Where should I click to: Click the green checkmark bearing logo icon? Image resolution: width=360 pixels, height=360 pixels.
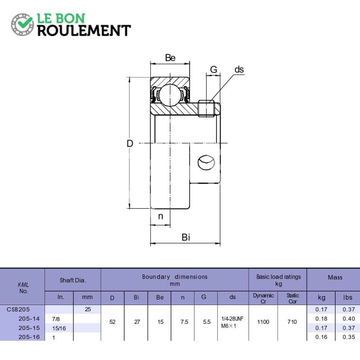(x=22, y=25)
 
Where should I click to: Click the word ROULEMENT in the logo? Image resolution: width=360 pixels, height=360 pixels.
(x=84, y=31)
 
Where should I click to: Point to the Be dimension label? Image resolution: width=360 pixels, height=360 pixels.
(x=170, y=58)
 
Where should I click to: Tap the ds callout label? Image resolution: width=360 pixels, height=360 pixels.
(x=239, y=69)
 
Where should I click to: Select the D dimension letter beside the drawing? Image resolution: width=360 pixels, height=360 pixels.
(x=130, y=144)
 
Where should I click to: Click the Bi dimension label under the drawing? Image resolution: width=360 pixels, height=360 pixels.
(x=186, y=237)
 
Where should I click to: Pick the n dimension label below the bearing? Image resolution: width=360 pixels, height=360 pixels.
(x=161, y=216)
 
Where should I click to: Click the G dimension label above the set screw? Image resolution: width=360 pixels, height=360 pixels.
(x=213, y=69)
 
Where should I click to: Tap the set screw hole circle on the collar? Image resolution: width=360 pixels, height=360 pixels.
(x=206, y=162)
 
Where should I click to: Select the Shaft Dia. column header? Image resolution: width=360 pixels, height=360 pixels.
(x=73, y=280)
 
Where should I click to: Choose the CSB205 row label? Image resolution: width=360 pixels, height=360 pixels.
(x=18, y=309)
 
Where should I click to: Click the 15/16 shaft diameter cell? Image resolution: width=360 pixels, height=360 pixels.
(x=59, y=328)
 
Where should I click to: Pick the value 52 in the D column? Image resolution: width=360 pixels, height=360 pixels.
(x=112, y=322)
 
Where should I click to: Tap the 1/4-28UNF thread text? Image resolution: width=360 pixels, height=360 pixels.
(x=232, y=319)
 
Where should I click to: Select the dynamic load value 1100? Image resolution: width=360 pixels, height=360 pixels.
(x=263, y=322)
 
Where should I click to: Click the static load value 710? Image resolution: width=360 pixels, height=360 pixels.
(x=292, y=322)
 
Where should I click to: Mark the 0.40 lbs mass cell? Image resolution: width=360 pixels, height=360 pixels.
(x=349, y=319)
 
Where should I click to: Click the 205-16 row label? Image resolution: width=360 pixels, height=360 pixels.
(x=29, y=337)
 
